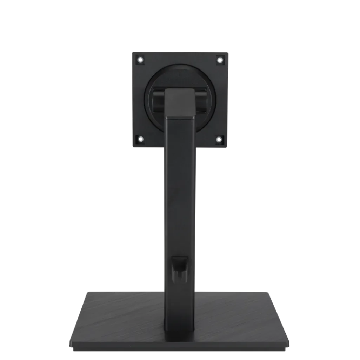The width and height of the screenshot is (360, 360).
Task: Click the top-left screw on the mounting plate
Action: (x=140, y=60)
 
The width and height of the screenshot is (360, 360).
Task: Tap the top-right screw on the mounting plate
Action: (x=220, y=60)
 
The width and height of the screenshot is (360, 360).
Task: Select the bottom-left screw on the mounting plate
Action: (x=140, y=139)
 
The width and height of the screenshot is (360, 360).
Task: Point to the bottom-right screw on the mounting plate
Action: (x=220, y=140)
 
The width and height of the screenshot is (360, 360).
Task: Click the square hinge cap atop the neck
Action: (x=180, y=101)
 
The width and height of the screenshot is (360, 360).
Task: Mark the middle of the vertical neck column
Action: (x=180, y=196)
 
